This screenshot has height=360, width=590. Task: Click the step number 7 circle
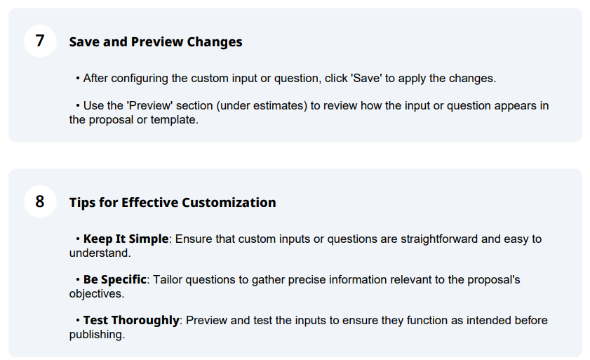coord(40,41)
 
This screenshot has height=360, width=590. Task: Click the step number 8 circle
coord(40,201)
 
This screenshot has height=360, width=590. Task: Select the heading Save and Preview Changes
coord(156,42)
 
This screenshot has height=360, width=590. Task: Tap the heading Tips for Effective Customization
coord(173,203)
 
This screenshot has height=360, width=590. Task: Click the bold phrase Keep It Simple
coord(126,239)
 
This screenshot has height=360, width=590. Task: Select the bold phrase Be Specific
coord(114,280)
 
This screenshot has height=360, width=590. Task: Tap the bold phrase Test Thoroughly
coord(131,321)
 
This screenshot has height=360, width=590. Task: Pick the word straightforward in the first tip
coord(439,239)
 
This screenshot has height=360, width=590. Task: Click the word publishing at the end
coord(97,335)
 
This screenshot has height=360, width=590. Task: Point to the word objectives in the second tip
coord(96,294)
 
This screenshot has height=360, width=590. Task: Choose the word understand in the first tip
coord(100,253)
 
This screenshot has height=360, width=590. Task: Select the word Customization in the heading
coord(229,203)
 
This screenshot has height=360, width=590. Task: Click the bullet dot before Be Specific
coord(77,280)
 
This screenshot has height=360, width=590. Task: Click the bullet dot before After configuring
coord(77,79)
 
